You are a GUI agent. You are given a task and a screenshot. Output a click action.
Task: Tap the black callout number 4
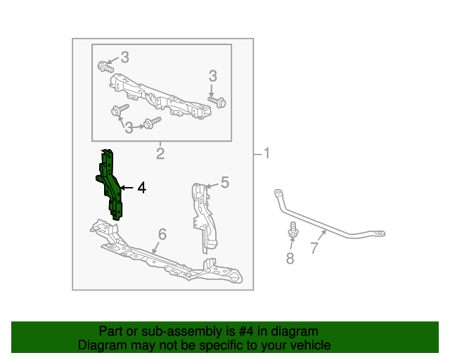(142, 188)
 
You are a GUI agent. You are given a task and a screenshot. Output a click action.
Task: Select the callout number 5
(225, 182)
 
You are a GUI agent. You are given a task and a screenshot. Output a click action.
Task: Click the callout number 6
(162, 234)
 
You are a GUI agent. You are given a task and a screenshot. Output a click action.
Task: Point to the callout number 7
(314, 247)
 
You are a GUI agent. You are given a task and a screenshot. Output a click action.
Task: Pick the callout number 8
(290, 258)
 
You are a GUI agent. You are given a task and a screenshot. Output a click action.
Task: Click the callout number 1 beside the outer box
(267, 153)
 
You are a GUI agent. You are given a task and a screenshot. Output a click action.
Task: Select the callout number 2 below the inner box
(160, 153)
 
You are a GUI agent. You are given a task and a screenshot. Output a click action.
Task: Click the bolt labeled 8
(293, 230)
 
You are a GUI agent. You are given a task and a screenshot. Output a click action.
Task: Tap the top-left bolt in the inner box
(105, 67)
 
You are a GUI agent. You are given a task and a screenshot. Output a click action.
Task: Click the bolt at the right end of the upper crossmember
(217, 102)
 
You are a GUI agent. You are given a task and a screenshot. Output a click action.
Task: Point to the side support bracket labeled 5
(204, 218)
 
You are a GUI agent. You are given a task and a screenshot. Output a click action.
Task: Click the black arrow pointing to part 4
(127, 188)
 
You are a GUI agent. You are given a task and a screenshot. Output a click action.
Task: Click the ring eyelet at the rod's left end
(278, 193)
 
